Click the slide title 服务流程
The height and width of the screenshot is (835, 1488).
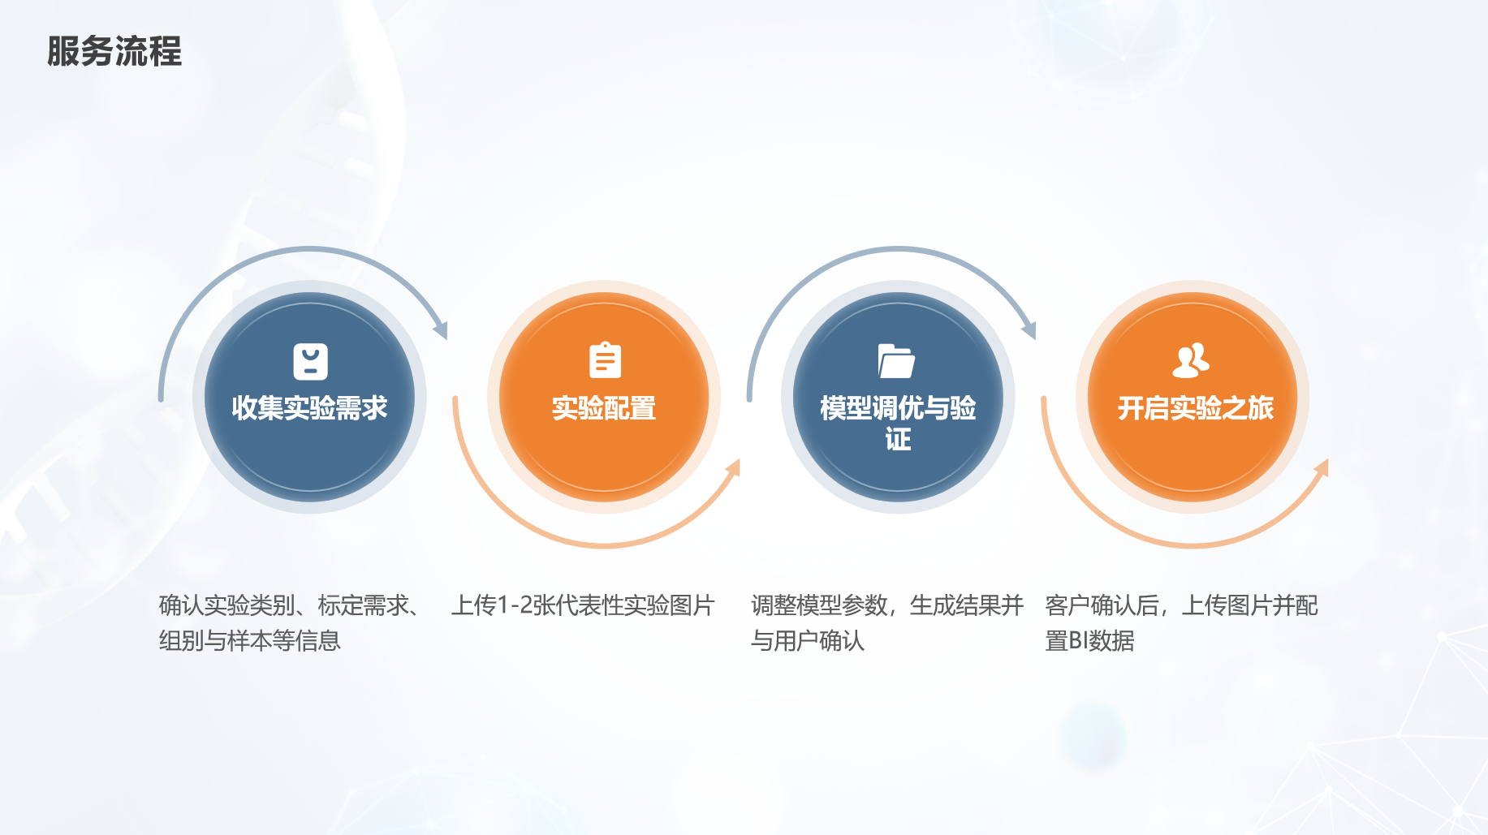114,51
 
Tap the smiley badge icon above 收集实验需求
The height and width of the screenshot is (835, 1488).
310,362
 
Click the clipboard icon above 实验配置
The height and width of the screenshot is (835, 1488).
605,360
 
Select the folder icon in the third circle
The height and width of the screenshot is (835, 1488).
896,361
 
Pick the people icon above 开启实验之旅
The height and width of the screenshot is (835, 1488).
1191,361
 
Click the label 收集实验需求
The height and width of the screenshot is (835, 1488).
309,408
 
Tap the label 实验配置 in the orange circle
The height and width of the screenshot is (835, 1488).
604,408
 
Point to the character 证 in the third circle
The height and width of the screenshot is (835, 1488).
898,439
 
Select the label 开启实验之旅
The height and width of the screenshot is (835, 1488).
1195,408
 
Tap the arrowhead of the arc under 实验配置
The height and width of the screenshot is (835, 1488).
733,467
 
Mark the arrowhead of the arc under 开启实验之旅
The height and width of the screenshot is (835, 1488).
1321,467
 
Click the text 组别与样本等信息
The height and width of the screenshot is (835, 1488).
250,641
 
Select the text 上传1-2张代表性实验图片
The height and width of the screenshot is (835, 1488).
583,605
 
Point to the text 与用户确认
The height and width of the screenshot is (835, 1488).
808,641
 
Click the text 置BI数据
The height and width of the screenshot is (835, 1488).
1089,641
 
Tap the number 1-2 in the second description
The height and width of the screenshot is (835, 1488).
514,605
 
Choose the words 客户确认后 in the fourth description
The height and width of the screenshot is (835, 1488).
1102,605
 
